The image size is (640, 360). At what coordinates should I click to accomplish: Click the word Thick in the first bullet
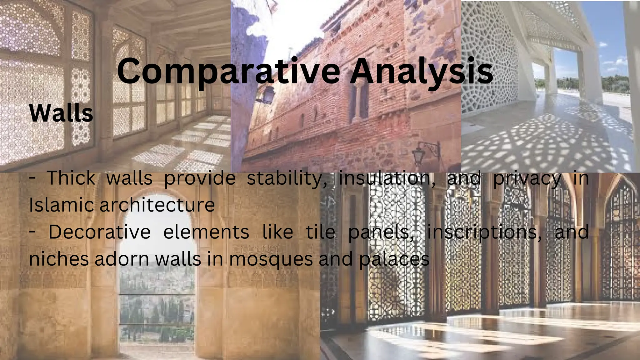click(x=71, y=178)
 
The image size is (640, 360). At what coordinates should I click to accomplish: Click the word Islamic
click(x=60, y=205)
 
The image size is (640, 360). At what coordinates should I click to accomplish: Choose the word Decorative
click(x=99, y=232)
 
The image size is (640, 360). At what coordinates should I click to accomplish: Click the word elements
click(x=206, y=232)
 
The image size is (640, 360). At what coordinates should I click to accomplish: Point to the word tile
click(x=321, y=232)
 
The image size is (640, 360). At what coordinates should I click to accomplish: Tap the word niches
click(x=59, y=259)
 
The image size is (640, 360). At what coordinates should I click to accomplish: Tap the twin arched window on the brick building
click(x=359, y=100)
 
